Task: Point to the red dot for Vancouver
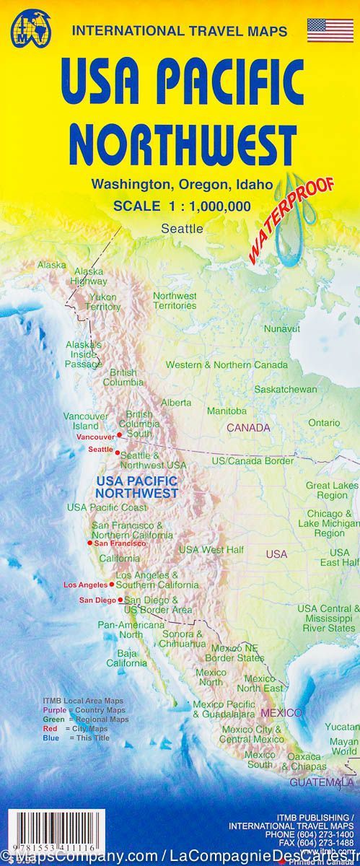[x=119, y=435]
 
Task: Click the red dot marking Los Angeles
[x=111, y=583]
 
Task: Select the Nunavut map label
[x=281, y=328]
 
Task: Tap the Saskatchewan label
[x=286, y=389]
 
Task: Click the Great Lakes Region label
[x=327, y=490]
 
